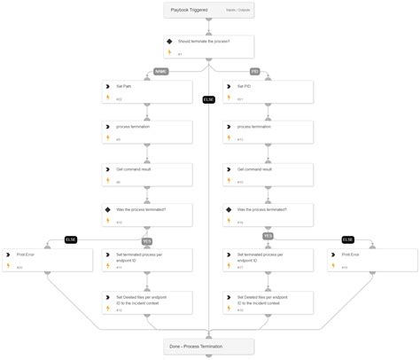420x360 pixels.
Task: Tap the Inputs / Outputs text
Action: pos(237,11)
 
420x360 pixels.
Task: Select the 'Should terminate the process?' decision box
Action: pos(209,46)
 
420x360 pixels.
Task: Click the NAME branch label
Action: pos(160,71)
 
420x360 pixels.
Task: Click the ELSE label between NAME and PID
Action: pos(209,98)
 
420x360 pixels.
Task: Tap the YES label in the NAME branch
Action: pos(148,239)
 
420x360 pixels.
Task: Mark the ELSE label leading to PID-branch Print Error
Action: pos(347,239)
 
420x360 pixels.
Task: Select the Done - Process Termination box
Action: pos(209,345)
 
